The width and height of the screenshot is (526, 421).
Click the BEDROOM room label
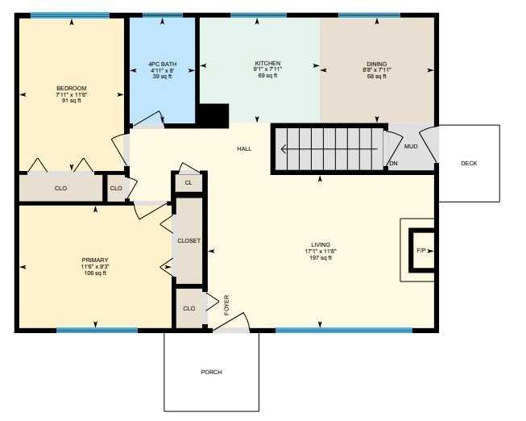72,89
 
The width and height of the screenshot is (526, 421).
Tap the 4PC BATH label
163,65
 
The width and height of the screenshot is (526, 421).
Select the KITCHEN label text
267,63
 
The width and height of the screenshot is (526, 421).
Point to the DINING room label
377,64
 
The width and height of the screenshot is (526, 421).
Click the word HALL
244,149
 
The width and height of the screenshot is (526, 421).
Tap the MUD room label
411,147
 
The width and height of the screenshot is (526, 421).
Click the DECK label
469,163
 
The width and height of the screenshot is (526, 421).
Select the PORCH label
211,373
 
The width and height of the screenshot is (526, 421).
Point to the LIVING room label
321,245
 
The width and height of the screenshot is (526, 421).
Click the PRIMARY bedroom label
95,260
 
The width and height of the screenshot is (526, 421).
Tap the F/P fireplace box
421,251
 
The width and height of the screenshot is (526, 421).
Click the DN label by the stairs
394,163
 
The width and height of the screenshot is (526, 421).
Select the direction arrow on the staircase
329,149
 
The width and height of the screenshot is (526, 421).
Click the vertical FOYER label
226,305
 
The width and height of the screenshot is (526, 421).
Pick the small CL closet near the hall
188,183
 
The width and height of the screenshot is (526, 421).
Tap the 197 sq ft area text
321,258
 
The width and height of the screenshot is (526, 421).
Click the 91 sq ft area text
72,101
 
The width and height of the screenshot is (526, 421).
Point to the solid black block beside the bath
214,116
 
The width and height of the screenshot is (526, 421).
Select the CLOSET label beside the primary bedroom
188,241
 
